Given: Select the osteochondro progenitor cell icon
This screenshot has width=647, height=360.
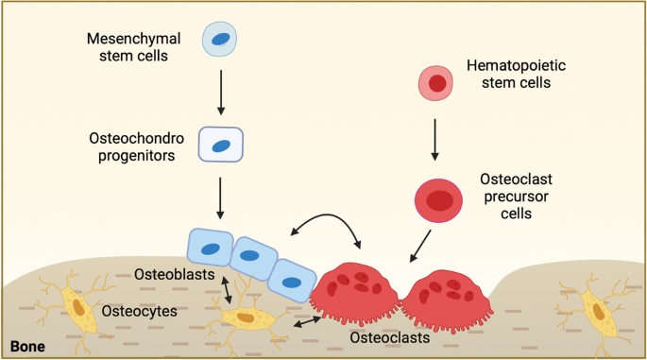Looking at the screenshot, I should tap(220, 146).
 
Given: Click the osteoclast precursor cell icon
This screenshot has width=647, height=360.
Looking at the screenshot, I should tap(437, 199).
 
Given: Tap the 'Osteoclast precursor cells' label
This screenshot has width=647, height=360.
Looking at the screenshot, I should tap(516, 197).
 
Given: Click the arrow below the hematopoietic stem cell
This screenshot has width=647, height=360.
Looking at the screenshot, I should tap(436, 138).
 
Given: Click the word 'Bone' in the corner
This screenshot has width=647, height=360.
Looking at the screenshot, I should tap(27, 347).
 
